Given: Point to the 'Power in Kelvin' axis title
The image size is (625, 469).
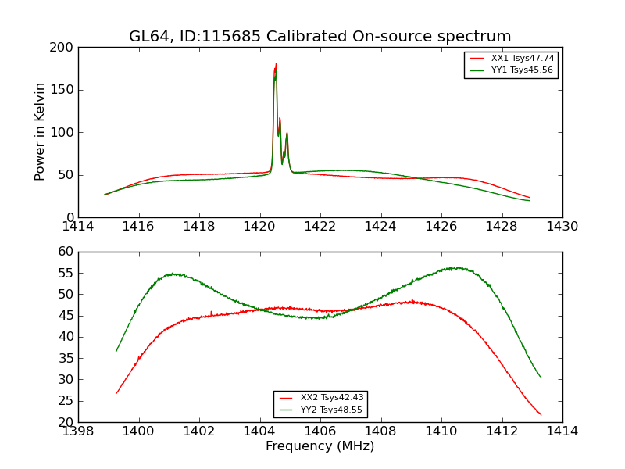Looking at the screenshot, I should coord(40,132).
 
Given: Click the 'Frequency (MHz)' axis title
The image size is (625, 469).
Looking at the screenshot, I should coord(320,446).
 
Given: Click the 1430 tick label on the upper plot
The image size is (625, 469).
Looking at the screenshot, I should coord(562,227).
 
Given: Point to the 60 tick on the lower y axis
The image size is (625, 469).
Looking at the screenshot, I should coord(66,252).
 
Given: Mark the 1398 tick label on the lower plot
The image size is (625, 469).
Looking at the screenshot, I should coord(78,431).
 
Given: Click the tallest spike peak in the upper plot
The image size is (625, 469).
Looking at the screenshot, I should coord(276,64).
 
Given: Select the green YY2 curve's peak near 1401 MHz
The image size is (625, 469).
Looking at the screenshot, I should coord(172,274).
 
